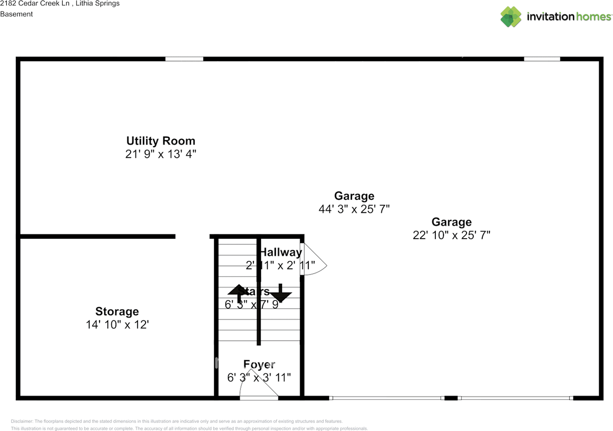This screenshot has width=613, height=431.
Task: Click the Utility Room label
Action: (160, 141)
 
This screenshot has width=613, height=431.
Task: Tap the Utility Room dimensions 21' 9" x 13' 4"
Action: (160, 154)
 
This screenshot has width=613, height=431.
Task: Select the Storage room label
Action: (117, 312)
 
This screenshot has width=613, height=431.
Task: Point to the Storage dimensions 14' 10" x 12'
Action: (117, 324)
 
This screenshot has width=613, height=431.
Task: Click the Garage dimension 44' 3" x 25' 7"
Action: (354, 209)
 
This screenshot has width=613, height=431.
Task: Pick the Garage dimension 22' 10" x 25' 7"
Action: (451, 235)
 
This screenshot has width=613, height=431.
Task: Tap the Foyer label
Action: (259, 365)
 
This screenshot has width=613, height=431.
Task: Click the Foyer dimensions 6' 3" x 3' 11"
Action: (259, 377)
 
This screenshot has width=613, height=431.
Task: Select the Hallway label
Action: (281, 252)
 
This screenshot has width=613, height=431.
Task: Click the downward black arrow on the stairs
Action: (280, 294)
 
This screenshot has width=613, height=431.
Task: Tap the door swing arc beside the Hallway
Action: (316, 260)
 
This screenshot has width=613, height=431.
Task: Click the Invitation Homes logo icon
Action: (511, 17)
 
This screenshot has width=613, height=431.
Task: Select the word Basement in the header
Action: (16, 14)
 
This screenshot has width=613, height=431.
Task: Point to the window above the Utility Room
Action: (184, 59)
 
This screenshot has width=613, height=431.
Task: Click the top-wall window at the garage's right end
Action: (542, 59)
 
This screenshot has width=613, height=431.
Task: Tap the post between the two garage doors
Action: (451, 398)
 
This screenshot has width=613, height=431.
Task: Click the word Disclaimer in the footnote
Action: (22, 421)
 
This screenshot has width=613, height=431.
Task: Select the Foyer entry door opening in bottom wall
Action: (259, 398)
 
